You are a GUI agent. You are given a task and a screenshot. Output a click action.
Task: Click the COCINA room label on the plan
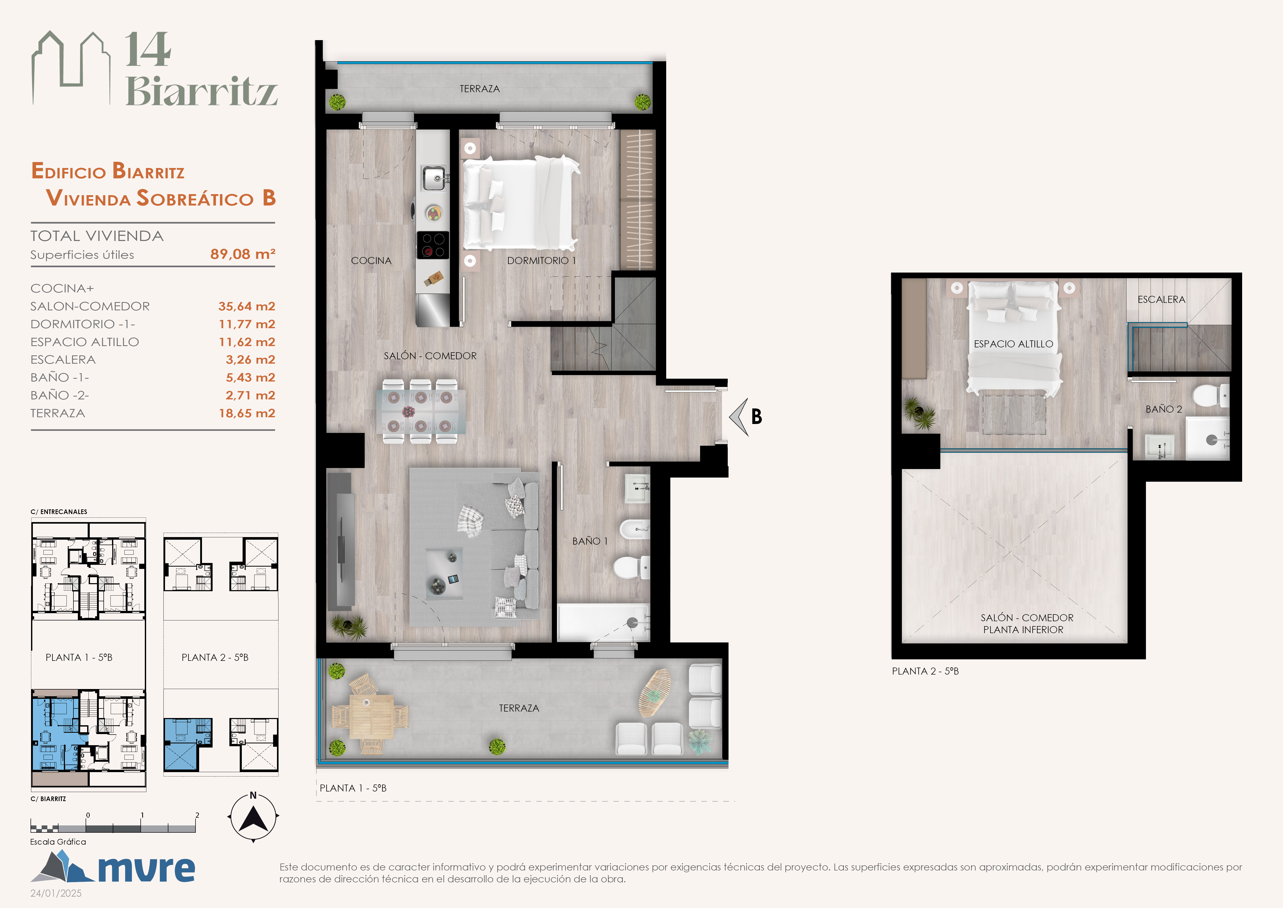(x=371, y=261)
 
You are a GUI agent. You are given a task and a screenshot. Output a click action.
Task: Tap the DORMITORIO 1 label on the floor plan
(x=541, y=261)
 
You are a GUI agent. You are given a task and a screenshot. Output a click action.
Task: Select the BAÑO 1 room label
(x=590, y=541)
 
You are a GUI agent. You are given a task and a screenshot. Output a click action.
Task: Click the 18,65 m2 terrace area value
(x=247, y=413)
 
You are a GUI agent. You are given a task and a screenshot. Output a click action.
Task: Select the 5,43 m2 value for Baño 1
(x=250, y=377)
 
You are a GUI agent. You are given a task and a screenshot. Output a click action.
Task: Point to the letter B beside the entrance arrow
(x=757, y=416)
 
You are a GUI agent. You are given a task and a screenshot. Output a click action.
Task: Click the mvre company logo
(x=113, y=867)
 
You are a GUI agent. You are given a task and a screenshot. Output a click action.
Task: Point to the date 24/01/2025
(x=56, y=894)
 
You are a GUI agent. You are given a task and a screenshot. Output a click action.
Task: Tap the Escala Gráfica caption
(x=58, y=842)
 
